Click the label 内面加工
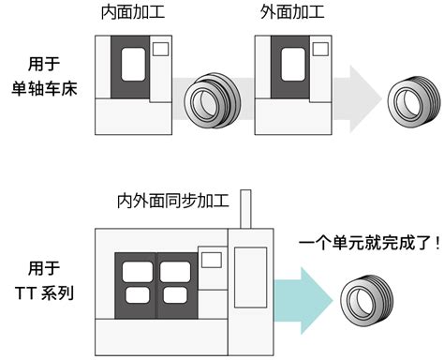coord(133,12)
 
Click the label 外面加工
coord(292,12)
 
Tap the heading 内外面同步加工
coord(173,201)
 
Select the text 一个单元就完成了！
coord(370,242)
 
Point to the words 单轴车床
coord(44,88)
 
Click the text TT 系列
coord(44,293)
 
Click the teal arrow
coord(303,301)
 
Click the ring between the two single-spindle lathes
coord(212,101)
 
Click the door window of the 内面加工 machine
coord(133,65)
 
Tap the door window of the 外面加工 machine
coord(293,65)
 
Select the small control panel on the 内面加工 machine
coord(161,50)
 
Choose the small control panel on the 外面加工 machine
coord(320,50)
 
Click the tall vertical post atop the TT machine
coord(245,209)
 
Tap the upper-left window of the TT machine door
coord(138,271)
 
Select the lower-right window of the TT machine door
coord(175,295)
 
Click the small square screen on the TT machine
coord(212,260)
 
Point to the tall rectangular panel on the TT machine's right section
coord(251,277)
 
